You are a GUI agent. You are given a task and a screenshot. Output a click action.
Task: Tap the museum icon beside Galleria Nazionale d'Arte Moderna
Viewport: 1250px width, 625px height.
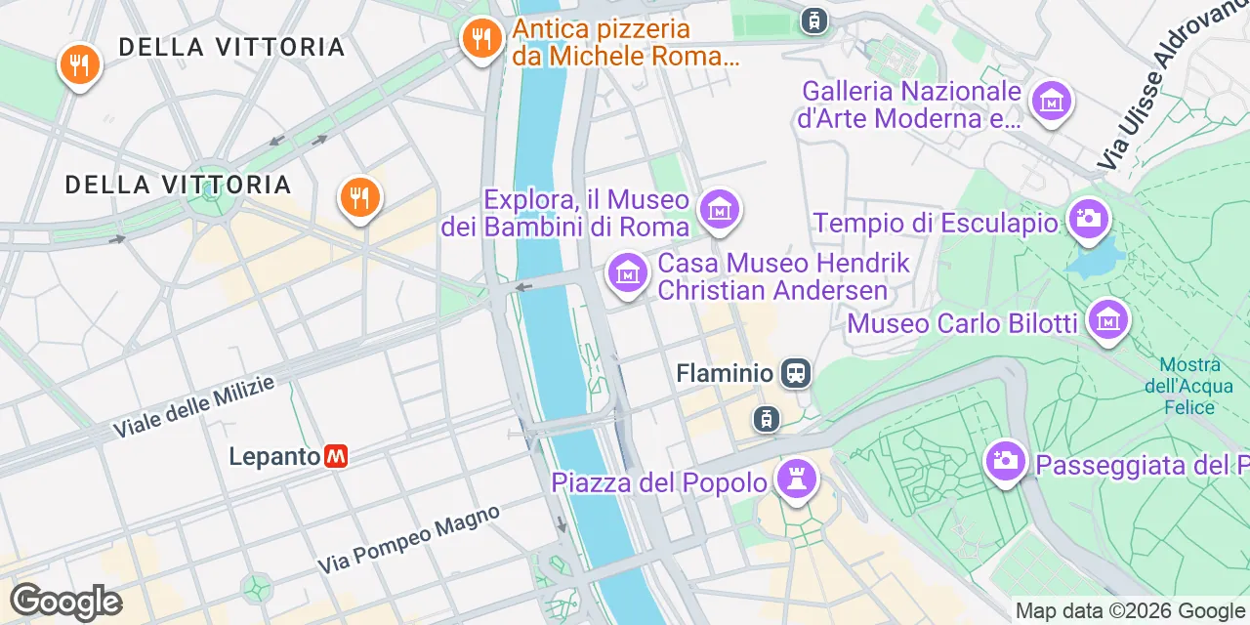coord(1052,100)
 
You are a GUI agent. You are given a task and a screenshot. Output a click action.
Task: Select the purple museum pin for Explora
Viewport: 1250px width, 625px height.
coord(720,209)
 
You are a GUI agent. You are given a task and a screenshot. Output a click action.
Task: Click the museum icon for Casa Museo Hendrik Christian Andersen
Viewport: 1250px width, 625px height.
coord(628,272)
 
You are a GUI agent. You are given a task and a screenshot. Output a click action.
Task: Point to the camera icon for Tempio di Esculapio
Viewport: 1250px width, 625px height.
coord(1087,218)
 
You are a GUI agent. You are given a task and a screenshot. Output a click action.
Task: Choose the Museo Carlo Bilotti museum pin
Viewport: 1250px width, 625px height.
coord(1108,319)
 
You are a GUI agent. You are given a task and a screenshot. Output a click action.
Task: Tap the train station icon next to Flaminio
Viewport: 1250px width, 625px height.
coord(796,372)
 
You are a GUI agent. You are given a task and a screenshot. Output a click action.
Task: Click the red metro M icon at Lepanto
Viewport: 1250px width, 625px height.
coord(336,456)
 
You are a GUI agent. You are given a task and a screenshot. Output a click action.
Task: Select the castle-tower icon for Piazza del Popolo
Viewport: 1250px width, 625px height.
coord(797,479)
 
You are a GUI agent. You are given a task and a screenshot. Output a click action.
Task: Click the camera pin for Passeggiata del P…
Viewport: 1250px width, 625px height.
coord(1005,459)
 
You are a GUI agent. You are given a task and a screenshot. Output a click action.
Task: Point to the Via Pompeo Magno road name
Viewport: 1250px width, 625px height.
coord(409,540)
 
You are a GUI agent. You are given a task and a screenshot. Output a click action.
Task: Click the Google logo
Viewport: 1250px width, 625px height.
coord(65,602)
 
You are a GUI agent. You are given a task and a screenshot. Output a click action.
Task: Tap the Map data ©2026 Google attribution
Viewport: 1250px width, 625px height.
coord(1131,611)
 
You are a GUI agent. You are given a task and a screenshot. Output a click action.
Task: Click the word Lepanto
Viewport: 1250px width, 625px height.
coord(274,456)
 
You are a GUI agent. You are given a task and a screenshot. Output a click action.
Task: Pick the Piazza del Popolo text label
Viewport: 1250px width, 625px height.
coord(659,482)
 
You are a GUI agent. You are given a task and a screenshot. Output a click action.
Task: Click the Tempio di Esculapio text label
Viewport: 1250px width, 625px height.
coord(936,223)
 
